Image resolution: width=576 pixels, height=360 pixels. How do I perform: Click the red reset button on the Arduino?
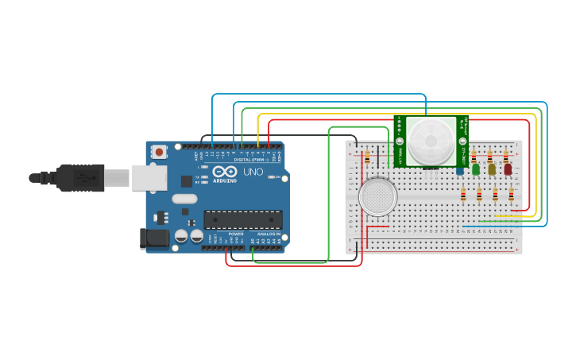tap(160, 151)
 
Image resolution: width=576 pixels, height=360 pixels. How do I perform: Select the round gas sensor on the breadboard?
tap(378, 196)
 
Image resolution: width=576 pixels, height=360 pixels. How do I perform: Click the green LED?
tap(476, 168)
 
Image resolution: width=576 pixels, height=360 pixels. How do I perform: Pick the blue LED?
tap(460, 169)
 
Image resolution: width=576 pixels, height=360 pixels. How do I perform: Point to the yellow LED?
tap(492, 168)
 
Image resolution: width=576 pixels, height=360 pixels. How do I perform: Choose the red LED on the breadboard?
tap(508, 168)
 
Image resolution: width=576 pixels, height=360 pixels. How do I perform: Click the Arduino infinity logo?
tap(225, 172)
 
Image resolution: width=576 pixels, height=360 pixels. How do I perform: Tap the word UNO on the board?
tap(253, 172)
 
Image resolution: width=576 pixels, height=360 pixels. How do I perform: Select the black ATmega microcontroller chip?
tap(243, 219)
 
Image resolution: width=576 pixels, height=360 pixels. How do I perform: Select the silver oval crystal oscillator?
tap(184, 199)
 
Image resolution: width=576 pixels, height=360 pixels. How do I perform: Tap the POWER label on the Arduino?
tap(236, 234)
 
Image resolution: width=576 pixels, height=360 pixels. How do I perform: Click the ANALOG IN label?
tap(268, 234)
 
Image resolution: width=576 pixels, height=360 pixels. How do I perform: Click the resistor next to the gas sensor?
tap(367, 157)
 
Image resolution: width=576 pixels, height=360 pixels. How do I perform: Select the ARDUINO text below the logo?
tap(225, 180)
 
